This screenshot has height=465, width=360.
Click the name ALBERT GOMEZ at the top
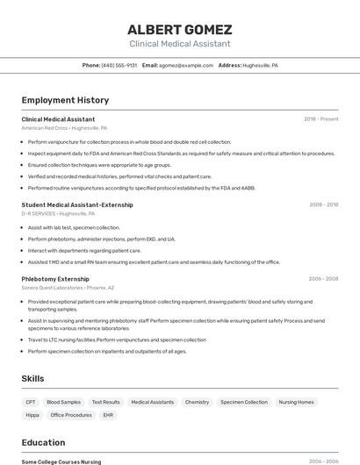(180, 29)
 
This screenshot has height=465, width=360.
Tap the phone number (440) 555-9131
(119, 65)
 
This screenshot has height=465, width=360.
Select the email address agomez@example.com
(186, 65)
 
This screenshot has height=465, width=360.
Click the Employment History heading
(65, 100)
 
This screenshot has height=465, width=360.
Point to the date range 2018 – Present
(320, 118)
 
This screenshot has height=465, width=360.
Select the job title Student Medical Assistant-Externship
(77, 204)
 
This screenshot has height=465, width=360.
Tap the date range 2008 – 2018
(323, 204)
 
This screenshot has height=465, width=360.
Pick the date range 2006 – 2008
(323, 278)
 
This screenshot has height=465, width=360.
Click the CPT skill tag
(32, 402)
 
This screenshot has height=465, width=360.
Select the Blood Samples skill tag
(63, 402)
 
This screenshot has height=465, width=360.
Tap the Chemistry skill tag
(197, 402)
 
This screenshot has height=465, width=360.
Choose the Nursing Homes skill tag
(296, 402)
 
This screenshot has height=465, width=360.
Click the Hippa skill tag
(32, 415)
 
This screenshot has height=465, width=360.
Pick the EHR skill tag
(108, 415)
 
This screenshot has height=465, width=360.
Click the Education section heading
(43, 442)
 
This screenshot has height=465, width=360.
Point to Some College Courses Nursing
(61, 461)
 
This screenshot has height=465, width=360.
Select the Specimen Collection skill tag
(244, 402)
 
